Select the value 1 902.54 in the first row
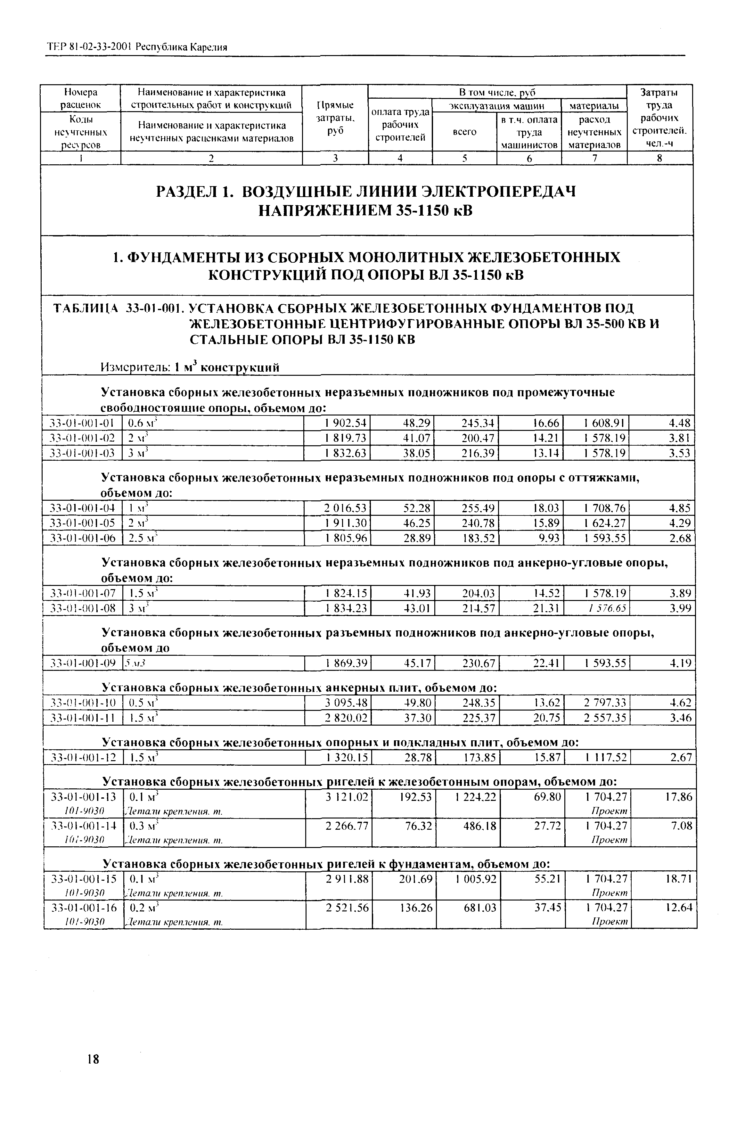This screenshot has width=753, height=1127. [x=345, y=423]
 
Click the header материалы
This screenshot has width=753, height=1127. [x=594, y=105]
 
